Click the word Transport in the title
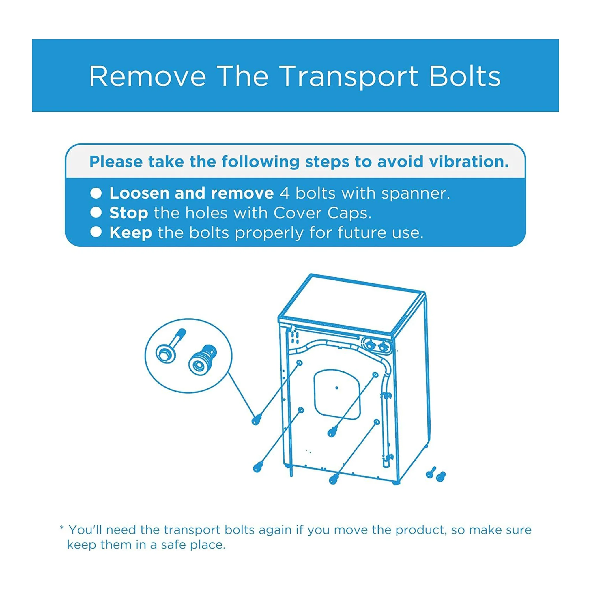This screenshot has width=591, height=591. pyautogui.click(x=349, y=76)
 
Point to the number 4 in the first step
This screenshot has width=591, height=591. pyautogui.click(x=285, y=193)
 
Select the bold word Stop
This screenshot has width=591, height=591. pyautogui.click(x=129, y=213)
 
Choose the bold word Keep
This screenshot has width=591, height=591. pyautogui.click(x=131, y=233)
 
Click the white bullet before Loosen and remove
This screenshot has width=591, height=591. pyautogui.click(x=96, y=193)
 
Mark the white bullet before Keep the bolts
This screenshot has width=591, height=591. pyautogui.click(x=96, y=232)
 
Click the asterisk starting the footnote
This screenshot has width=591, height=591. pyautogui.click(x=62, y=528)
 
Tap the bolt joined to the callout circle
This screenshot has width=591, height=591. pyautogui.click(x=256, y=420)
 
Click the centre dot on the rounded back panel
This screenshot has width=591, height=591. pyautogui.click(x=337, y=388)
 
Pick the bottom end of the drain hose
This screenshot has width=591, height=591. pyautogui.click(x=386, y=465)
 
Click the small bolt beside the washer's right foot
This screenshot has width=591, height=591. pyautogui.click(x=431, y=473)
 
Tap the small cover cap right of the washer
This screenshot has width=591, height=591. pyautogui.click(x=441, y=476)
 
